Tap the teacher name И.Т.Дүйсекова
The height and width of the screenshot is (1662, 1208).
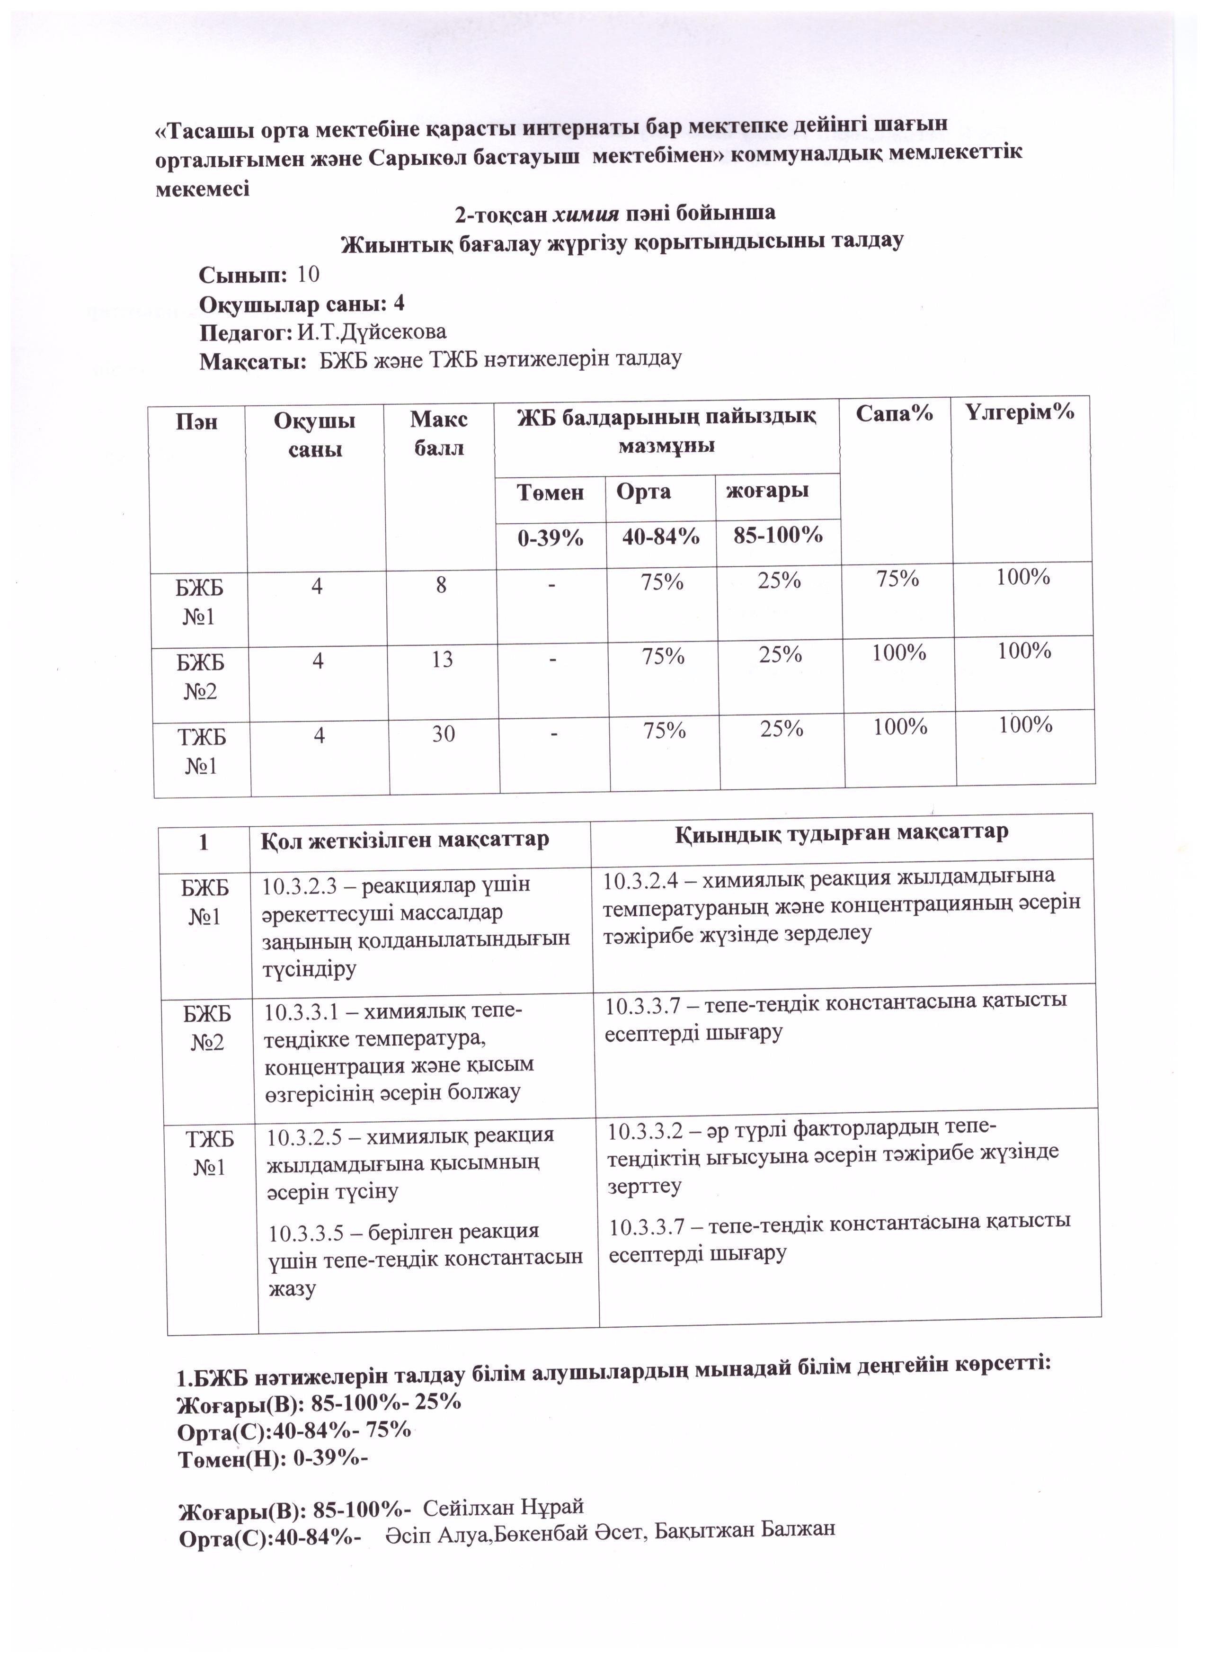(372, 332)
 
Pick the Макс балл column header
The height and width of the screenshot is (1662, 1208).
(439, 433)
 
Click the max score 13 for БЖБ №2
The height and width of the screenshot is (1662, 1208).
(443, 660)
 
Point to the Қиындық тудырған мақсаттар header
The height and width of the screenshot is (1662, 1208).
(841, 832)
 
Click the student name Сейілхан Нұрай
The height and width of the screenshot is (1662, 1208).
(503, 1507)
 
